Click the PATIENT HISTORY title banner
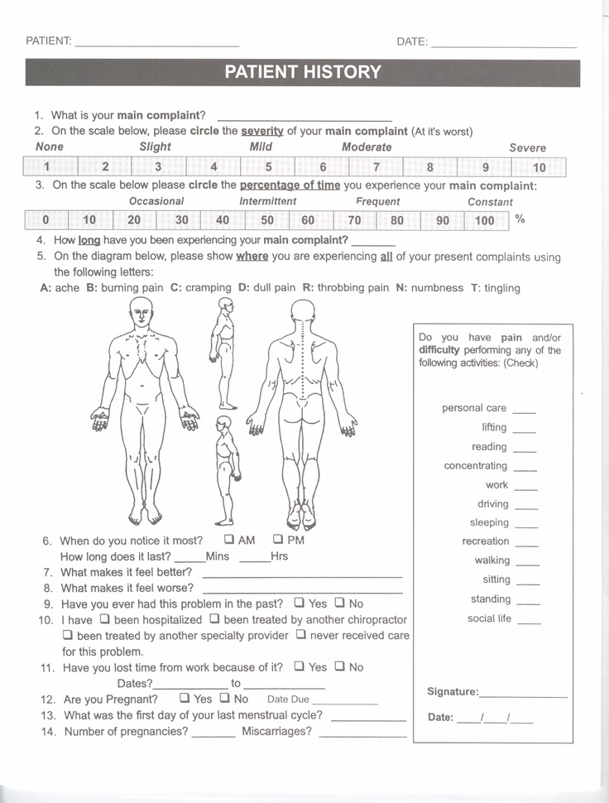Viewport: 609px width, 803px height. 303,72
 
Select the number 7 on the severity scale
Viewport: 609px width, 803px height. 376,167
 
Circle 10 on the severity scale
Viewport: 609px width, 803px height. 539,167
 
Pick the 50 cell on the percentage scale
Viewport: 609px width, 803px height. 267,220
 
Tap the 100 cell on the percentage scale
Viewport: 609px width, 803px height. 485,220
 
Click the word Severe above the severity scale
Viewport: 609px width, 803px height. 527,147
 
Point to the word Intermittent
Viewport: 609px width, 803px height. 268,201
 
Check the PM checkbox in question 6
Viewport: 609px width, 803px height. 278,540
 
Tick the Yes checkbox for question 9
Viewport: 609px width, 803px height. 300,603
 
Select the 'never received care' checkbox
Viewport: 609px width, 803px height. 301,635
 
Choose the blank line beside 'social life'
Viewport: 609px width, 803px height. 529,622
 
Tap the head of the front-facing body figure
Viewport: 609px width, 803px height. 142,312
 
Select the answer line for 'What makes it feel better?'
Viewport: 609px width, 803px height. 302,575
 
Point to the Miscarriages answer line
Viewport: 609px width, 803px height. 362,735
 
